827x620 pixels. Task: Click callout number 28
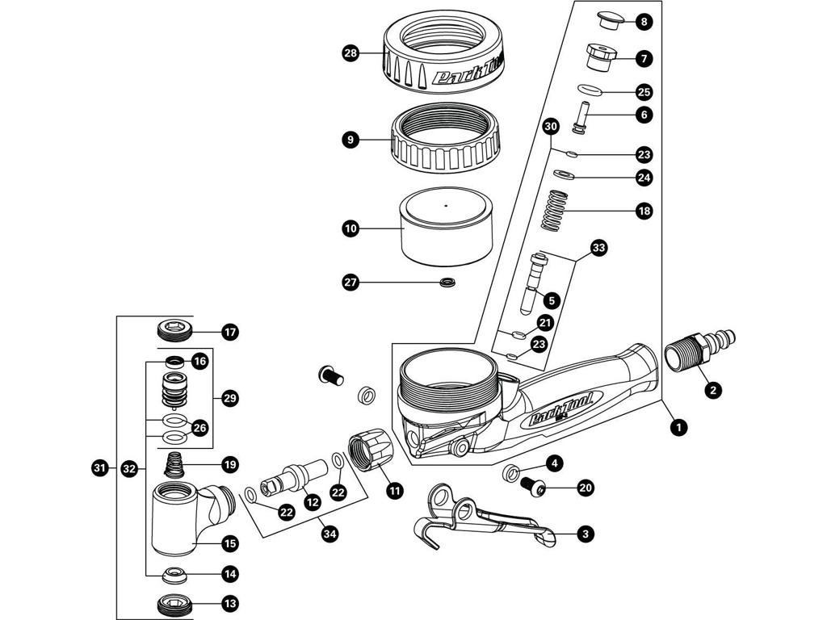(x=350, y=54)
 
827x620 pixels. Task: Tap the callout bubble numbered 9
(x=350, y=140)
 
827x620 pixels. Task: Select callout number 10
(x=350, y=228)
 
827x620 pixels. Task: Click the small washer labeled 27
(x=446, y=283)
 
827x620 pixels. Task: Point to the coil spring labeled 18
(x=565, y=211)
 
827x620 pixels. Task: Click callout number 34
(x=328, y=534)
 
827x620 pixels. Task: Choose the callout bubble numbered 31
(x=99, y=467)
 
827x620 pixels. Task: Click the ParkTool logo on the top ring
(x=468, y=74)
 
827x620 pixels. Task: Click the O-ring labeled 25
(x=593, y=90)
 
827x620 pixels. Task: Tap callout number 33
(x=598, y=247)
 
